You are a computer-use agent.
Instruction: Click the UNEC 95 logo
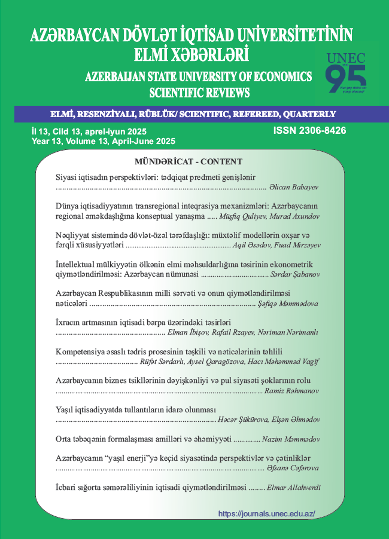(x=345, y=73)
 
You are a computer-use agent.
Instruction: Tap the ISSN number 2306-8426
(x=309, y=130)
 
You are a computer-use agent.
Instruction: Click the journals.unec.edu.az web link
(x=266, y=513)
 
